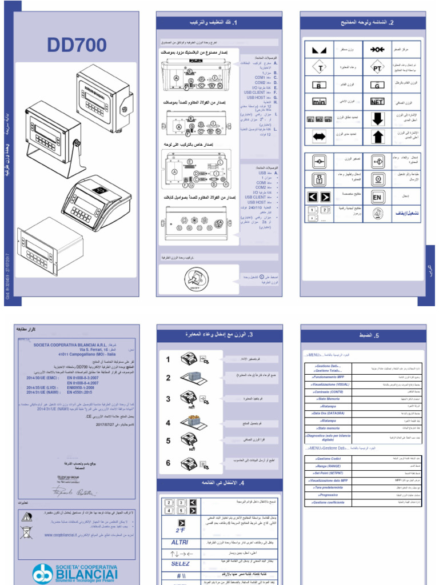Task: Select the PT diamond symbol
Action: tap(377, 68)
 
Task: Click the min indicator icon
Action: tap(320, 102)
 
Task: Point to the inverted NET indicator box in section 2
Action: tap(377, 102)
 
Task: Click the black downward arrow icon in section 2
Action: tap(377, 119)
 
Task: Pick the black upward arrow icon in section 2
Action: tap(377, 137)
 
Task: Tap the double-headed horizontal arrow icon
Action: tap(320, 137)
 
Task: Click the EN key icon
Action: tap(377, 197)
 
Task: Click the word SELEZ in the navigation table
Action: tap(179, 563)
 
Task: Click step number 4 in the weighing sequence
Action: tap(168, 423)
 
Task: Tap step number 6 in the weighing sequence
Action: tap(168, 463)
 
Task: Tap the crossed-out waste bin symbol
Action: tap(26, 532)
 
